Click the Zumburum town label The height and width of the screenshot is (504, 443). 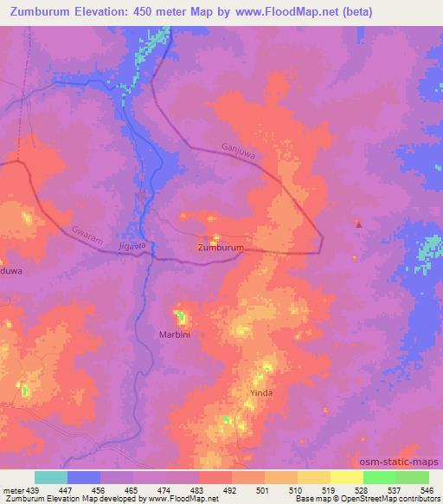[x=221, y=248]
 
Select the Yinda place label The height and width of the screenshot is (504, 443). [x=261, y=392]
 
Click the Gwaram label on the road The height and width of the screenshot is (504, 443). [x=87, y=237]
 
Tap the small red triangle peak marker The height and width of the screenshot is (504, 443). [x=358, y=224]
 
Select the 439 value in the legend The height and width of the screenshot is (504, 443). [x=35, y=489]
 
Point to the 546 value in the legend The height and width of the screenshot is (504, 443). [x=427, y=489]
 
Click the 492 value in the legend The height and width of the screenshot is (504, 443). [x=231, y=489]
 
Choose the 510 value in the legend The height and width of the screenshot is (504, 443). [x=297, y=489]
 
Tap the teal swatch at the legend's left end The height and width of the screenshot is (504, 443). [x=51, y=477]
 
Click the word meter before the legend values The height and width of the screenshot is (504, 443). [x=13, y=489]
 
